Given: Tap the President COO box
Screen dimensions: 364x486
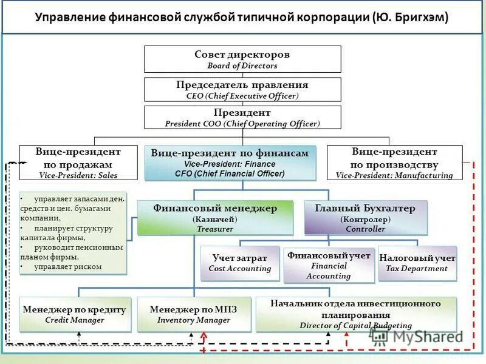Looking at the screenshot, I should coord(242,118).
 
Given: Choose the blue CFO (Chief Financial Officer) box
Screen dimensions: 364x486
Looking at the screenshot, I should coord(230,164).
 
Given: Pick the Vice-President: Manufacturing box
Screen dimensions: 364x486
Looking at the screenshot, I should coord(394,163).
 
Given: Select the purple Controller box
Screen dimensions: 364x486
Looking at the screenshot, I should coord(365,218).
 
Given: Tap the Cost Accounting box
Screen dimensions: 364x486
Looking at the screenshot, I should coord(240,263).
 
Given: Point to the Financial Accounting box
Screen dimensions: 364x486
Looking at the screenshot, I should coord(328,265).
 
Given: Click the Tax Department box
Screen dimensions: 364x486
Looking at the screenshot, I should coord(417,263).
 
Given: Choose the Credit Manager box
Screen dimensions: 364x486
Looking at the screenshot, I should coord(74,314).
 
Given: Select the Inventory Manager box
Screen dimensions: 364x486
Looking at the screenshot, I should coord(193,314).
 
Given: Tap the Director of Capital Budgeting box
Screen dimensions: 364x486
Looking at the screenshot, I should coord(355,314).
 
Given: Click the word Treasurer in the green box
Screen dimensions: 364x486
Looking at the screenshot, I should coord(214,229).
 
